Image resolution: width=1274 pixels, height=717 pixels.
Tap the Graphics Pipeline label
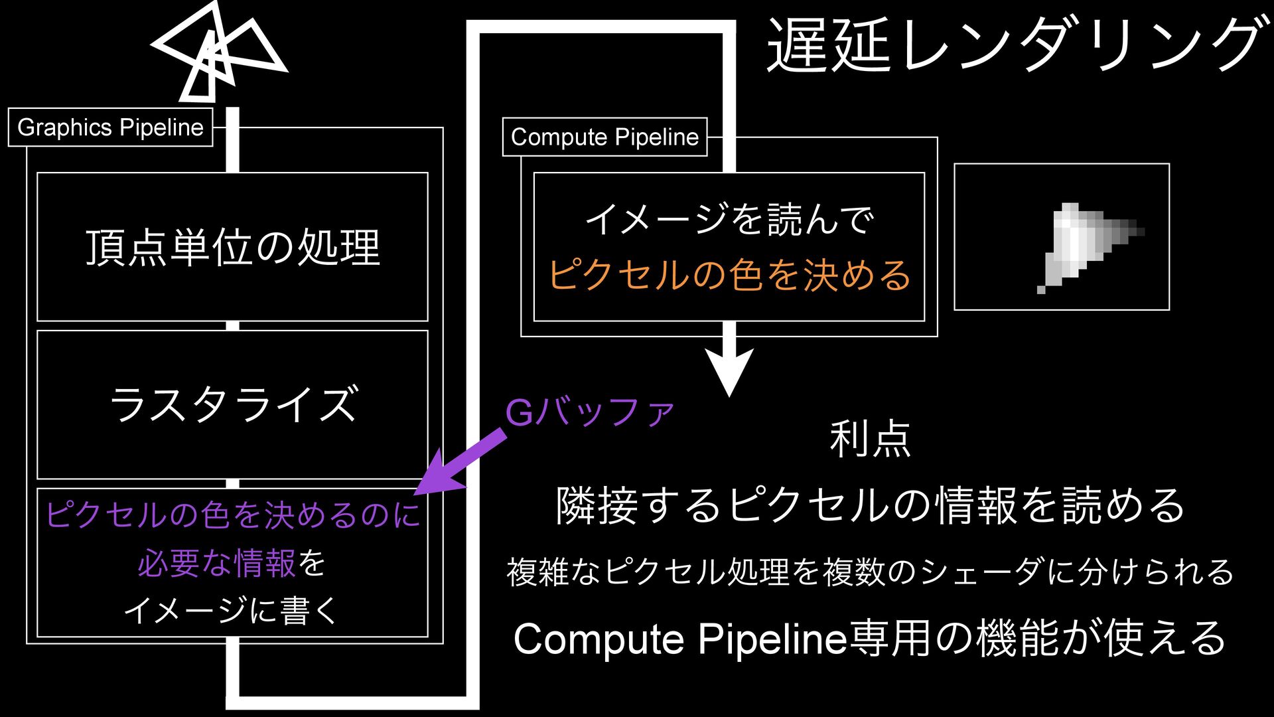(x=110, y=127)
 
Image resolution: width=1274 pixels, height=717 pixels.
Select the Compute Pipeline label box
(x=604, y=137)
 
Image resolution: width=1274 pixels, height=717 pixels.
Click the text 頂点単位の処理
(x=232, y=248)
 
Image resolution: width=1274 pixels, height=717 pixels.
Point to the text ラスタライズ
(x=232, y=404)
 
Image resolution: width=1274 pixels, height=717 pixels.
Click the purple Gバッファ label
(x=590, y=412)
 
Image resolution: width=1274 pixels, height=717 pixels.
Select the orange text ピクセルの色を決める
(x=729, y=275)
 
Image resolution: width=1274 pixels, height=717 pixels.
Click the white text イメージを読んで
(x=729, y=219)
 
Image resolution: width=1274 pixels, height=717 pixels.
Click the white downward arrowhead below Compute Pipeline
(x=729, y=372)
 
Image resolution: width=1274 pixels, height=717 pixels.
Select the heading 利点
(x=870, y=439)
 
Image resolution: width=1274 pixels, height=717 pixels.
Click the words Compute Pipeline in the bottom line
(x=680, y=639)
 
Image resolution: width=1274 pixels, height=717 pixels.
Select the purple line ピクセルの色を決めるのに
(x=232, y=515)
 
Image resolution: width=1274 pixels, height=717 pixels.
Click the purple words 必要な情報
(x=216, y=564)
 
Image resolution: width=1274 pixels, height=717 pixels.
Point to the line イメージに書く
(x=232, y=610)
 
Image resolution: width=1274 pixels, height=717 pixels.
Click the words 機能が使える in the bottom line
(x=1101, y=639)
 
